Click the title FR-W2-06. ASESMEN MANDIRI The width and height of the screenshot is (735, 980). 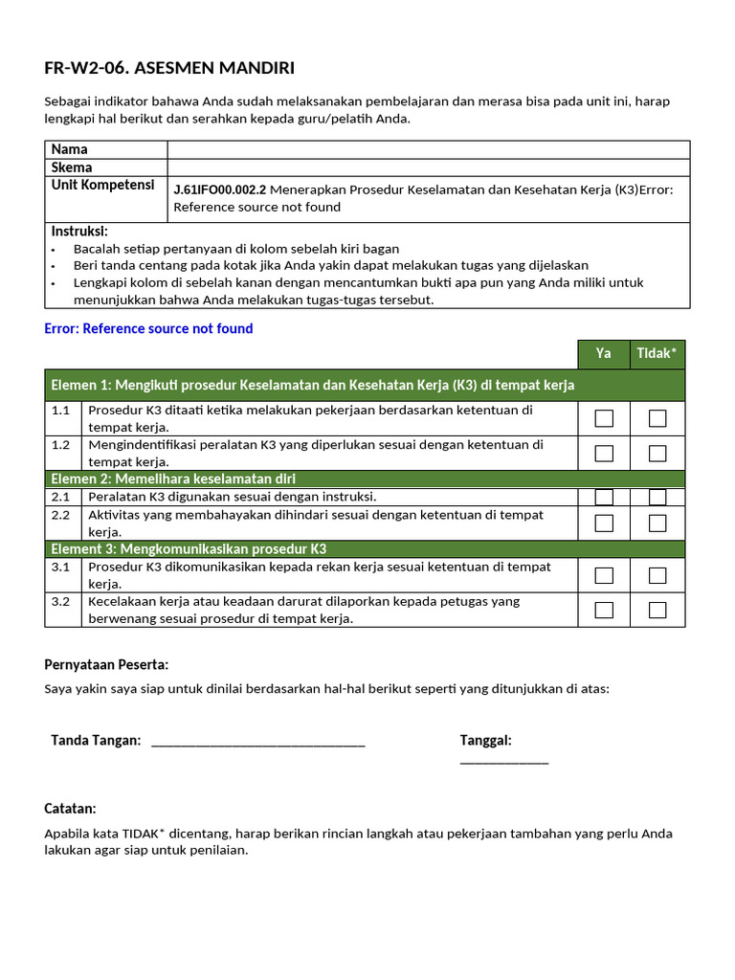[x=169, y=68]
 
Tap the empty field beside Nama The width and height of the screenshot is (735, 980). [x=428, y=149]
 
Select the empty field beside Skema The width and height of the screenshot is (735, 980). [x=428, y=167]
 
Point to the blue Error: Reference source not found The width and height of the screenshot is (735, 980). [x=148, y=328]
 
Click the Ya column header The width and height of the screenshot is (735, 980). [x=603, y=354]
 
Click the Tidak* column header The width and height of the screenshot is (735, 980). [x=657, y=354]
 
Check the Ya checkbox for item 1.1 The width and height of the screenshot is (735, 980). [x=604, y=418]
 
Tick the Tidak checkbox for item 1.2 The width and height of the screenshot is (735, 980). [x=657, y=454]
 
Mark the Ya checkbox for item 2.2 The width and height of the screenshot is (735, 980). [x=604, y=523]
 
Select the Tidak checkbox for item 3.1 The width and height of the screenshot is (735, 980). [x=657, y=575]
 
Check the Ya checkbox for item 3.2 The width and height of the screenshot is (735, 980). [x=604, y=610]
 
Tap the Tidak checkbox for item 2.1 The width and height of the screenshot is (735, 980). [x=657, y=497]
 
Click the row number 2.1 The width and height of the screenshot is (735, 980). [x=61, y=497]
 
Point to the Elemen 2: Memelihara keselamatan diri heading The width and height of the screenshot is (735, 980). [x=173, y=479]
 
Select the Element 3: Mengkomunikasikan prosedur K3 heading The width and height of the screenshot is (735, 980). [x=189, y=549]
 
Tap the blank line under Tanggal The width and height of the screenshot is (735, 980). [x=503, y=762]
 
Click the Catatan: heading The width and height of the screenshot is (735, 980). [x=71, y=809]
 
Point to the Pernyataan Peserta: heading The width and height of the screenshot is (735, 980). [x=106, y=664]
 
